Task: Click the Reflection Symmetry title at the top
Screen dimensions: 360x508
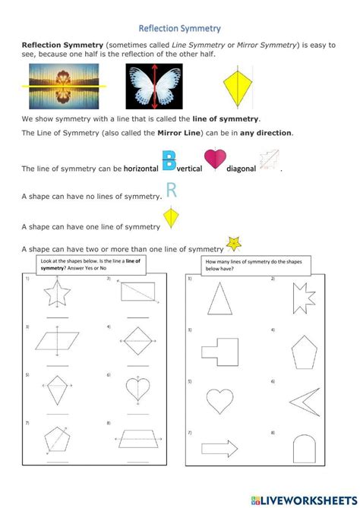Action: point(179,29)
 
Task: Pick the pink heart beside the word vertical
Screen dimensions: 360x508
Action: point(216,162)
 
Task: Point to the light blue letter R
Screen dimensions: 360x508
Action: point(171,191)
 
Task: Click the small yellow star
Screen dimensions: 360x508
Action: point(234,244)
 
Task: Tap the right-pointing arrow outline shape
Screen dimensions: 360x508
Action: point(220,449)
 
